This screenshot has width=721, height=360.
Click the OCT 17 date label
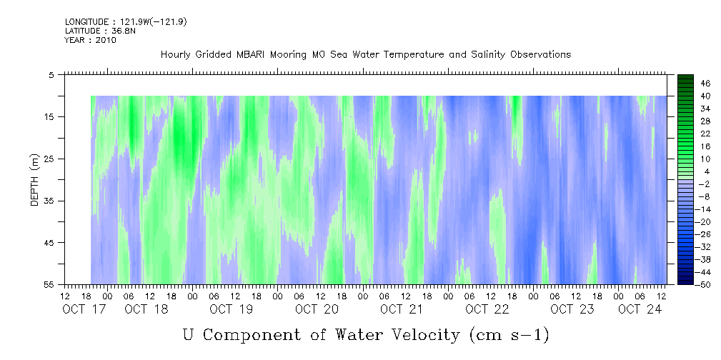[84, 309]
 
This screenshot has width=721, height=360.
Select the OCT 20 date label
[317, 309]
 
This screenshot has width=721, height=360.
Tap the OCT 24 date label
[640, 309]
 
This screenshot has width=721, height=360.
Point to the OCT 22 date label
[487, 309]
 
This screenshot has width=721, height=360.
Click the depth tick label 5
[51, 74]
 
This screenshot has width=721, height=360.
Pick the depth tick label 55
[49, 284]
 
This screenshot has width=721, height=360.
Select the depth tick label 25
[49, 159]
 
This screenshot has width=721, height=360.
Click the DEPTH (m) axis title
[35, 180]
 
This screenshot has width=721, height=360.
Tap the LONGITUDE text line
[126, 22]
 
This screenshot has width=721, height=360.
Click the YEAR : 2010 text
[90, 40]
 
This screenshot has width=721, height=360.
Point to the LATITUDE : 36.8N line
[100, 31]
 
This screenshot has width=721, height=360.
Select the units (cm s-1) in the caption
[509, 335]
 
